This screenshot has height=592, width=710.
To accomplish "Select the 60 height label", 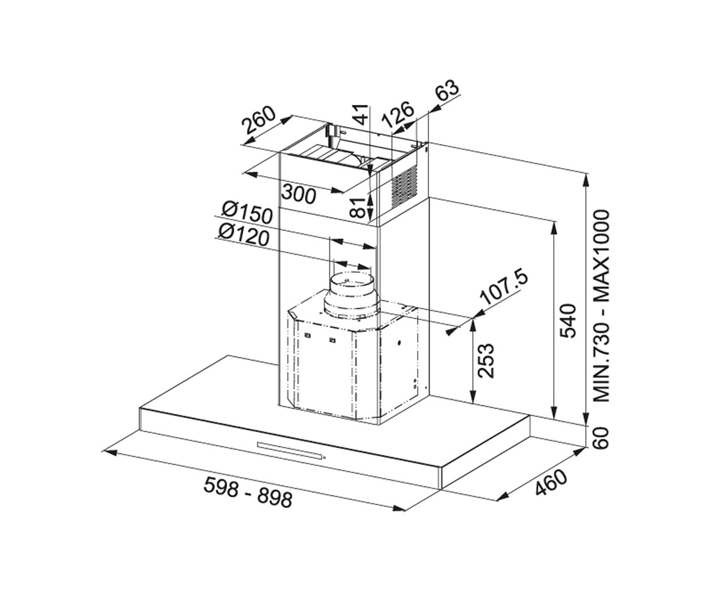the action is coord(601,438).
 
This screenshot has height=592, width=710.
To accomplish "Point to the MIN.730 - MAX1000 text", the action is coord(601,306).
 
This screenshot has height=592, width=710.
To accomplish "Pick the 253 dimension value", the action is coord(486,361).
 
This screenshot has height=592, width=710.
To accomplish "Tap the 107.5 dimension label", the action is coord(505,288).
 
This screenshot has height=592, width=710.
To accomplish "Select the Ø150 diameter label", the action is coord(247,213).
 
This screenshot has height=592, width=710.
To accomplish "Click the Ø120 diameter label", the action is coord(244,235).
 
